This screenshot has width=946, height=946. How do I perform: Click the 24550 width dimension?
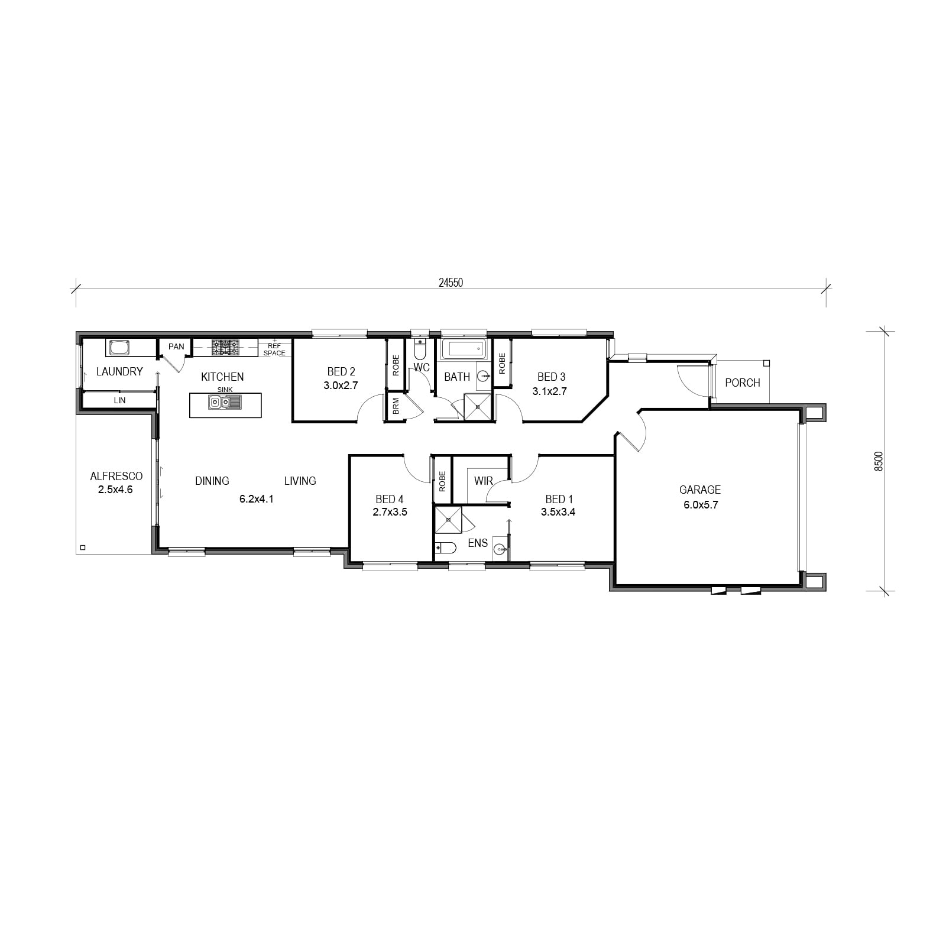point(451,283)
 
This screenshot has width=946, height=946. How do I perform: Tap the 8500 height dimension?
point(879,461)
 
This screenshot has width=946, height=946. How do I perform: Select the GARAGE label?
point(700,490)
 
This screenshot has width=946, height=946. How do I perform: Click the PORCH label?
point(743,383)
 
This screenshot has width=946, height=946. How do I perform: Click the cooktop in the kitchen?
point(225,346)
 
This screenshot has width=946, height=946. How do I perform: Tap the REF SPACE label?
point(274,349)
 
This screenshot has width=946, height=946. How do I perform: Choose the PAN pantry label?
point(176,346)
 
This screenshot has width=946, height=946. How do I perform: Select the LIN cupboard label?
point(119,400)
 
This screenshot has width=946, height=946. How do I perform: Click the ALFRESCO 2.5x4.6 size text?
point(116,490)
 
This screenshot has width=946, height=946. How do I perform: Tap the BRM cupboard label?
point(396,406)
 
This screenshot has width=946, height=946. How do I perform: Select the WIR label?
point(483,481)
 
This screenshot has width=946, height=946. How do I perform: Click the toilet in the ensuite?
point(445,547)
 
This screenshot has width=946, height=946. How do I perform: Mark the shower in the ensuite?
point(449,520)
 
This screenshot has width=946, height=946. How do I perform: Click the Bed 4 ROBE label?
point(442,481)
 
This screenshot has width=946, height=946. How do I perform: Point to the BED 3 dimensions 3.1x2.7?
point(550,391)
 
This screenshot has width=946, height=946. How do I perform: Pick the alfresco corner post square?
point(83,547)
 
